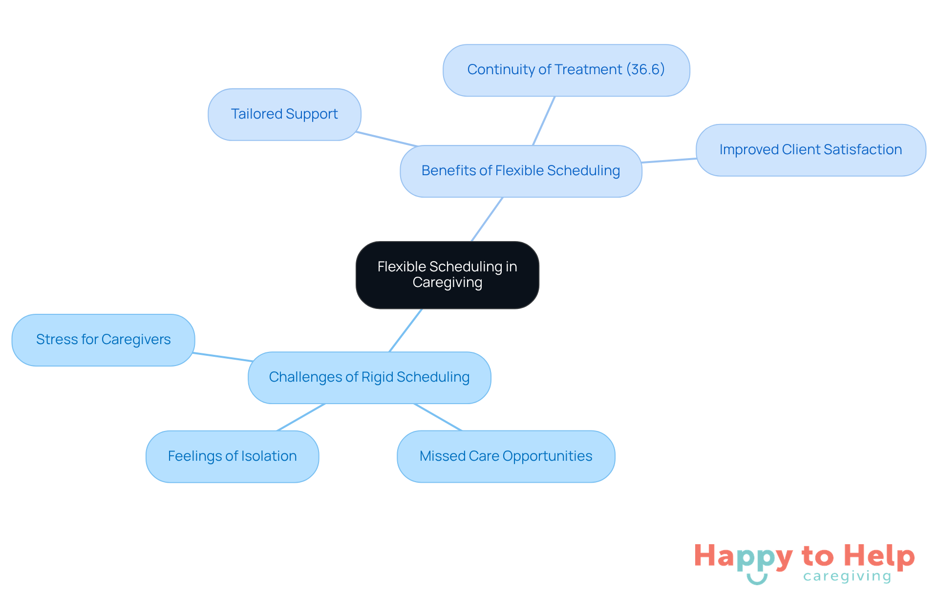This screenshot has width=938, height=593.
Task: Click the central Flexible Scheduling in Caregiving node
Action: click(447, 275)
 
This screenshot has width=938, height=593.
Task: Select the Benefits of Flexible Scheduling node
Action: click(520, 171)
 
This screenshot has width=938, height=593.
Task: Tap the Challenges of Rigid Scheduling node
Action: click(369, 377)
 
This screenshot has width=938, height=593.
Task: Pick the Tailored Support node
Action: click(284, 114)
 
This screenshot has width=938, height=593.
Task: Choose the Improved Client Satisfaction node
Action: click(810, 150)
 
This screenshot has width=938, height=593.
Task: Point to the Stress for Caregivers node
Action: click(103, 340)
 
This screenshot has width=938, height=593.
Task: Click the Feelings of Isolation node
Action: click(232, 456)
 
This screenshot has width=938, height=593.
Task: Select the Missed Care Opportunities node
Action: click(506, 456)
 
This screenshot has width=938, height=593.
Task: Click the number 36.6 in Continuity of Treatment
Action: click(645, 69)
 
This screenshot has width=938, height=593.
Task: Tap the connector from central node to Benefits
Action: click(487, 219)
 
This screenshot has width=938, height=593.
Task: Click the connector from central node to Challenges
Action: click(405, 330)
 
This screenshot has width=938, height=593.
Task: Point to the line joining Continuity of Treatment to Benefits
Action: click(544, 121)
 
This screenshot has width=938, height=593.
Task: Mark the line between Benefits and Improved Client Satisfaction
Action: click(668, 161)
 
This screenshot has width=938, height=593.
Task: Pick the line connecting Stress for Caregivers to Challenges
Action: click(222, 357)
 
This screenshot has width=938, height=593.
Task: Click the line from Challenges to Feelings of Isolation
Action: click(301, 417)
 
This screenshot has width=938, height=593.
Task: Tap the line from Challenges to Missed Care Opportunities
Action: click(438, 417)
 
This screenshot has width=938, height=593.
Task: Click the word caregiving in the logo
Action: click(847, 576)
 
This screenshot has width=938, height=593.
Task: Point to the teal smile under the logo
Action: click(757, 579)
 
